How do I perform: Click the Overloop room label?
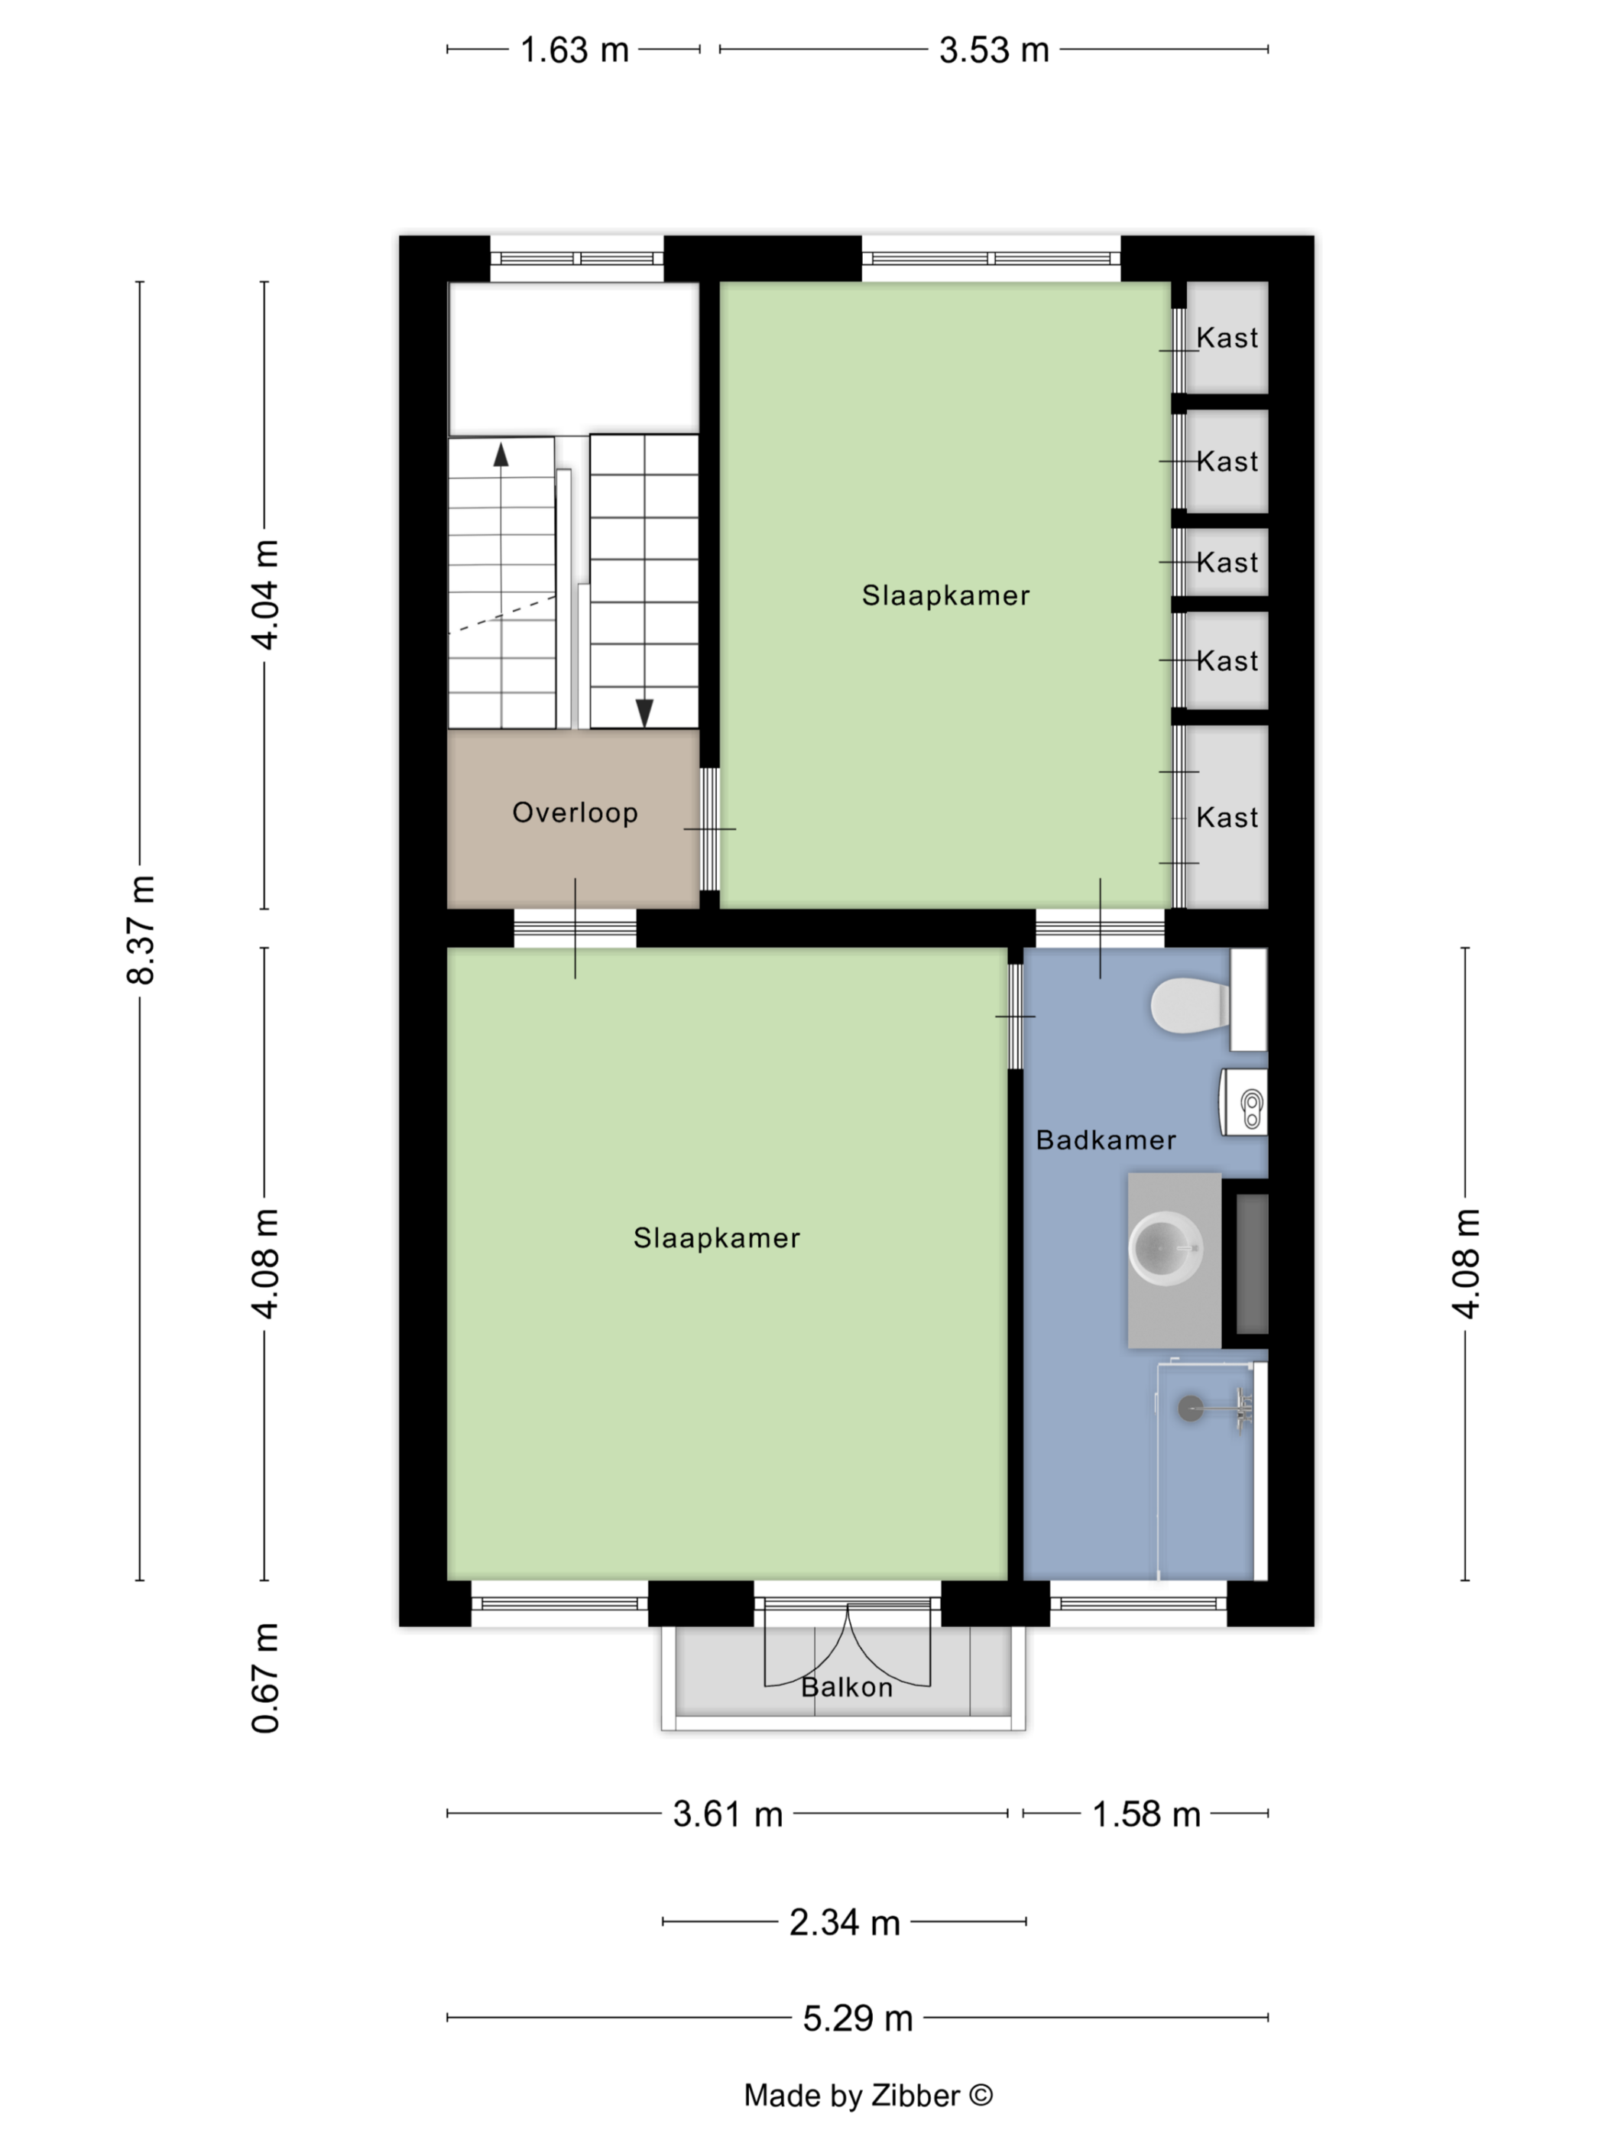(x=575, y=812)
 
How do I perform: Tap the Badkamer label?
(x=1106, y=1140)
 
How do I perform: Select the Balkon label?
(x=847, y=1688)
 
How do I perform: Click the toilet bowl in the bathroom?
(x=1190, y=1005)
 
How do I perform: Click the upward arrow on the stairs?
(x=500, y=454)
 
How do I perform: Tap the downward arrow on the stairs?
(x=644, y=713)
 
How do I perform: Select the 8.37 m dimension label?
(x=141, y=929)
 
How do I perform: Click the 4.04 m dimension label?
(x=265, y=595)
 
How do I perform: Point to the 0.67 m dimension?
(x=265, y=1678)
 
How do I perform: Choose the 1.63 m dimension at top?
(x=575, y=50)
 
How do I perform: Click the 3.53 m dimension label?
(x=994, y=50)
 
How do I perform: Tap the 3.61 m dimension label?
(x=728, y=1814)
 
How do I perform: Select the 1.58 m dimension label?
(x=1146, y=1814)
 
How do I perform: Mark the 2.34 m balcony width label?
(x=845, y=1922)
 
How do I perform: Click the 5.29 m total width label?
(x=858, y=2018)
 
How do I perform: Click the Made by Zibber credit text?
(x=867, y=2096)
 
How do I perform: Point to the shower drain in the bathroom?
(x=1190, y=1409)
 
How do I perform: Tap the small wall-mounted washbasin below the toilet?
(x=1244, y=1102)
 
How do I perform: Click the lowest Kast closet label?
(x=1227, y=818)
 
